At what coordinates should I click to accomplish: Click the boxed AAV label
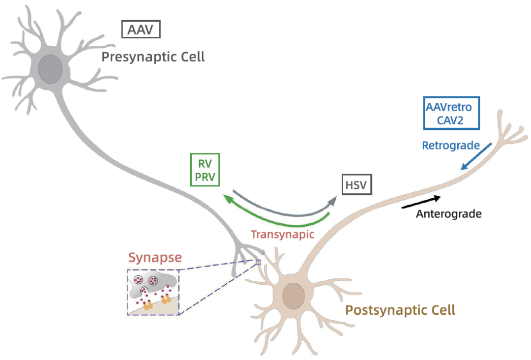[x=141, y=30]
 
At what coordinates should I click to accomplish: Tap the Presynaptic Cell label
[x=153, y=57]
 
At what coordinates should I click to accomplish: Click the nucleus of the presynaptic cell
[x=51, y=69]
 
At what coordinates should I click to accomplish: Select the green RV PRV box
[x=205, y=170]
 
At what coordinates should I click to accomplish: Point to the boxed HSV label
[x=356, y=185]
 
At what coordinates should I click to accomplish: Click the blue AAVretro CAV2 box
[x=451, y=113]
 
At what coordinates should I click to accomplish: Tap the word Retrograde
[x=451, y=146]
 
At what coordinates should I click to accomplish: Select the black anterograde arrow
[x=421, y=202]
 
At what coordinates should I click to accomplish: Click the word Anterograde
[x=448, y=214]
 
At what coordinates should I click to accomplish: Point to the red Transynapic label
[x=282, y=234]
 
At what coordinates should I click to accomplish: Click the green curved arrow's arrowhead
[x=227, y=197]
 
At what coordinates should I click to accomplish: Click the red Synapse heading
[x=155, y=257]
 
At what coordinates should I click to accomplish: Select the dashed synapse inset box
[x=153, y=292]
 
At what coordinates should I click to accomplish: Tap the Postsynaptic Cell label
[x=400, y=310]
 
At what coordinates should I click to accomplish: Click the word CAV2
[x=451, y=120]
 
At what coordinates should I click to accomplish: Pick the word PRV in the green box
[x=205, y=177]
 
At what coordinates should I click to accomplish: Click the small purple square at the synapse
[x=258, y=262]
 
